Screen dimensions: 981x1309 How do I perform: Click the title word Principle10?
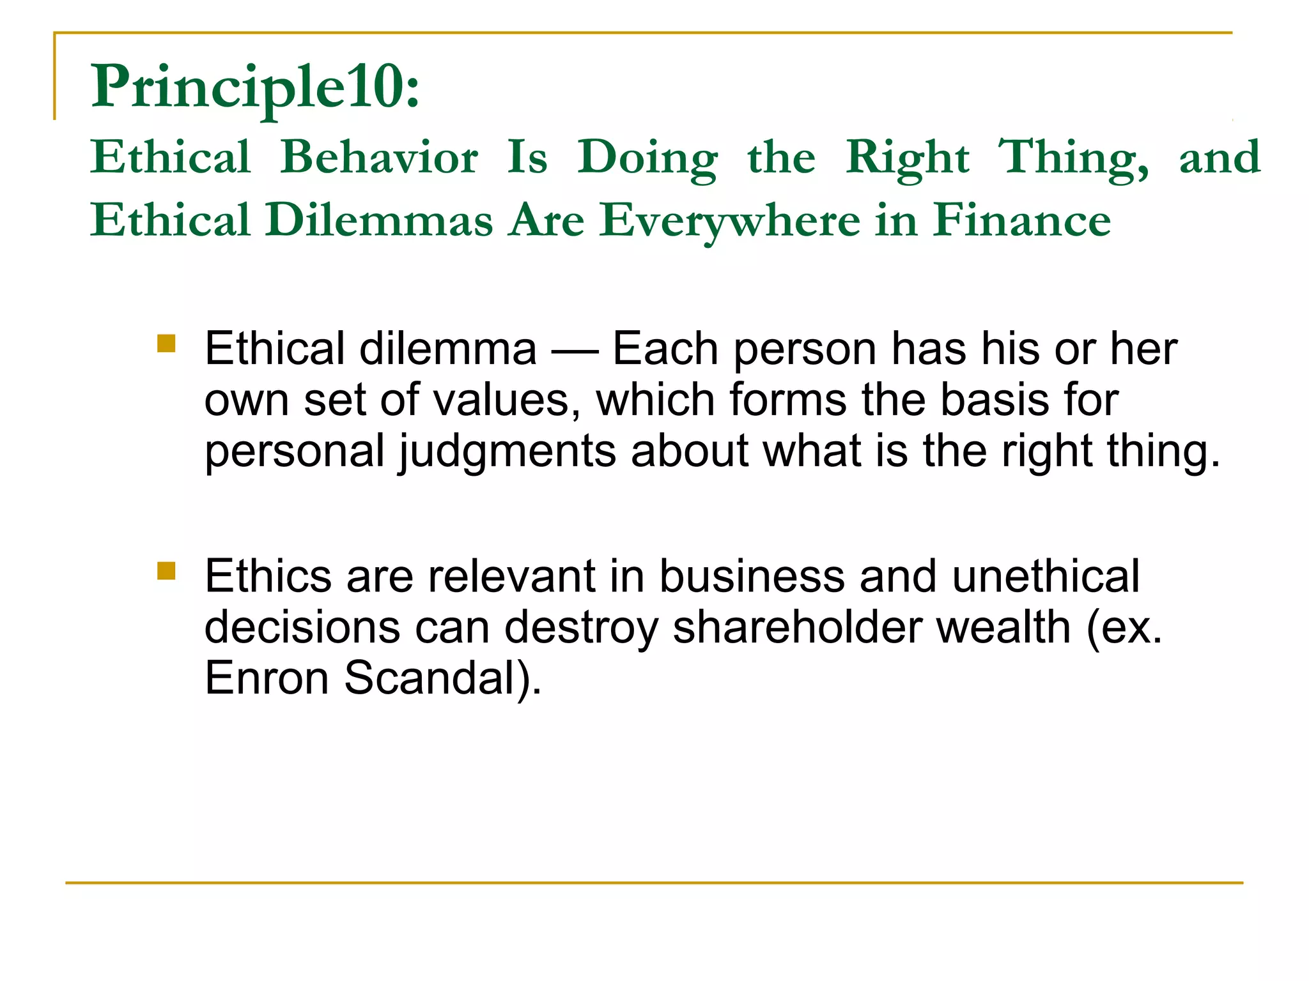point(256,87)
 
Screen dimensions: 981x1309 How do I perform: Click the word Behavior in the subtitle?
point(379,157)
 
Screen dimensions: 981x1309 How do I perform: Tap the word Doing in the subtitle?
point(647,157)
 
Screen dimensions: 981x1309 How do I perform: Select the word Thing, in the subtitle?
point(1074,157)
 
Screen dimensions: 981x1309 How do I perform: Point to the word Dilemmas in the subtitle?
point(380,220)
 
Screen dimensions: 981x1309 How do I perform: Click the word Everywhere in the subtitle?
point(729,220)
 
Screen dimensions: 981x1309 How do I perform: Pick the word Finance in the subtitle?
point(1021,220)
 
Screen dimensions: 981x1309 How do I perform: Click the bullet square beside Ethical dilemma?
point(166,344)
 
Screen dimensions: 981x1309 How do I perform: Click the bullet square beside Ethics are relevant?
point(166,570)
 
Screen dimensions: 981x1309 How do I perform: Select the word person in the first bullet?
point(805,350)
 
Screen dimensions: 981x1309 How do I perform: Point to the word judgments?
point(507,452)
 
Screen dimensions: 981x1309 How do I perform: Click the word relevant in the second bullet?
point(512,576)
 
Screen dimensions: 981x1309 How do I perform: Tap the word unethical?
point(1045,576)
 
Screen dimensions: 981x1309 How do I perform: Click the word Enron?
point(267,678)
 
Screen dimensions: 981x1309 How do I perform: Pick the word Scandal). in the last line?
point(443,678)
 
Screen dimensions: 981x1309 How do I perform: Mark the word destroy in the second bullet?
point(581,627)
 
